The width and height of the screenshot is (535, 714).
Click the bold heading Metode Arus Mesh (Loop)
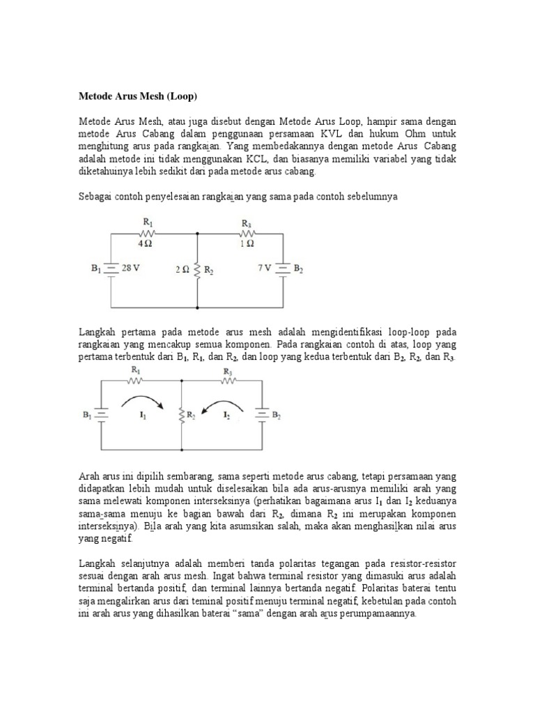(142, 94)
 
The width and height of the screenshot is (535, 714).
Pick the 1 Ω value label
(247, 244)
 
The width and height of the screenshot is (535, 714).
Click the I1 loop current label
(142, 416)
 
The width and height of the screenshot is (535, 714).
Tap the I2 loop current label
(226, 416)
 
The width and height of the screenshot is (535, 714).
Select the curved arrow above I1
(143, 401)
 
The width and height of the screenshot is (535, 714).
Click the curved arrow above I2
(223, 402)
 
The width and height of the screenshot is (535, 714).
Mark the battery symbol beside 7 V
(282, 268)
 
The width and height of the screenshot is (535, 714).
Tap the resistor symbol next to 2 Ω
(198, 269)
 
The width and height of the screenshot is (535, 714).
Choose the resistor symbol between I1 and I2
(181, 416)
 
